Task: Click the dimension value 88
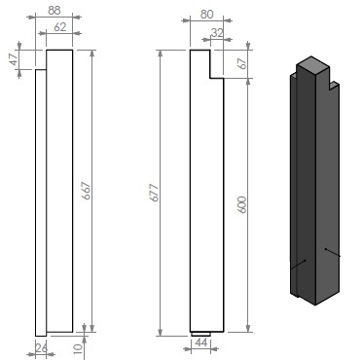coord(54,11)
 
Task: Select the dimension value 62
coord(60,27)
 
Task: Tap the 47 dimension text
coord(14,59)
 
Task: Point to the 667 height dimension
coord(87,191)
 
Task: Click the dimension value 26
coord(41,348)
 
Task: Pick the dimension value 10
coord(78,348)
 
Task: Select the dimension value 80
coord(207,15)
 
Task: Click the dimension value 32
coord(217,33)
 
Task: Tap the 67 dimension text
coord(242,63)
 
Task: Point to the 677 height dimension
coord(155,193)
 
